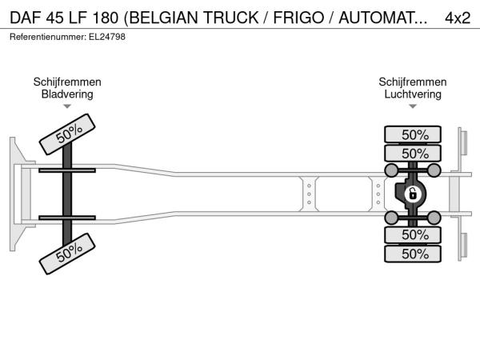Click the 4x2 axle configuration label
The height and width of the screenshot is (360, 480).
coord(457,17)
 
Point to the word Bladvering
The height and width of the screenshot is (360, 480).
coord(67,94)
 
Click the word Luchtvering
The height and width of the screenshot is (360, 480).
coord(413,94)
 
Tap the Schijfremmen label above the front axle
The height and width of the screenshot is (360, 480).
coord(67,82)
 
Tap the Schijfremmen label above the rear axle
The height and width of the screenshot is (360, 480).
coord(413,82)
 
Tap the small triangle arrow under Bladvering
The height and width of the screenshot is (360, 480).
coord(67,107)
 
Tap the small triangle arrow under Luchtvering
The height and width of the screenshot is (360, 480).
coord(413,107)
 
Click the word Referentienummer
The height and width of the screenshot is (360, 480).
coord(43,36)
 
